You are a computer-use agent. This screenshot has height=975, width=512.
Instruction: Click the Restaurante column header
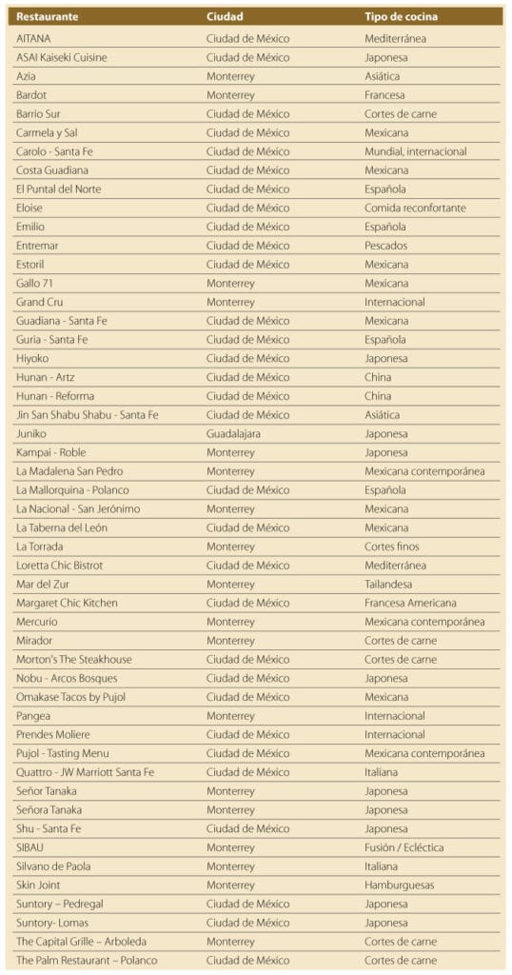click(47, 17)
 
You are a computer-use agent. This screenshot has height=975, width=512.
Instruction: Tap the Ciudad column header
click(225, 17)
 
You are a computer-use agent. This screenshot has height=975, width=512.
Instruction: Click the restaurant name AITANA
click(33, 39)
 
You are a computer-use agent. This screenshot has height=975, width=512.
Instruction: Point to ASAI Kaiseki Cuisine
click(62, 57)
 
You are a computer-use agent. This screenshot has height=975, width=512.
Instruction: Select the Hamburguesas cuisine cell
click(399, 885)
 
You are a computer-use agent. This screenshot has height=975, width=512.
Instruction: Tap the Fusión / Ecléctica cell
click(404, 847)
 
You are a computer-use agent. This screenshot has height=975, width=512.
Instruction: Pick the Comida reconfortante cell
click(415, 208)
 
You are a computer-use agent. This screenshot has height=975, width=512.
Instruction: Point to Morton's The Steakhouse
click(74, 659)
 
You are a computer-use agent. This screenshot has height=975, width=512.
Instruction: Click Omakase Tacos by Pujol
click(70, 697)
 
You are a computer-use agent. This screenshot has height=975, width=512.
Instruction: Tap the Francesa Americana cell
click(410, 603)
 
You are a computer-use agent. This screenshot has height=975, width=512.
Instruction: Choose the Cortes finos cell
click(391, 547)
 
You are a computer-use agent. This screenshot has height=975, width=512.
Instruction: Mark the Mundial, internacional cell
click(415, 151)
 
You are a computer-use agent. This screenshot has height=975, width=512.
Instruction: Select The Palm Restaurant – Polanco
click(87, 960)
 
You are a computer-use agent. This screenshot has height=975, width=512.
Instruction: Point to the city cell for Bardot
click(231, 95)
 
